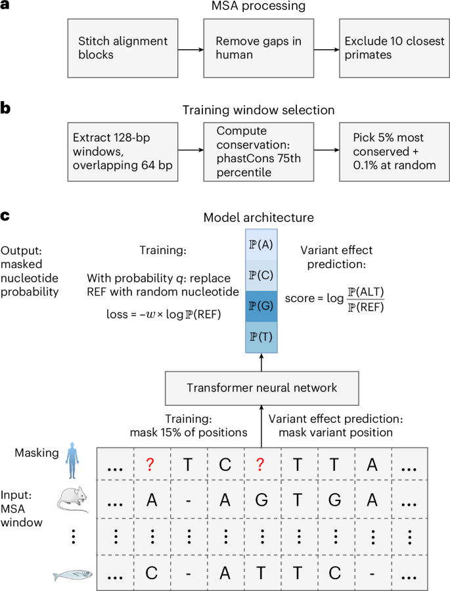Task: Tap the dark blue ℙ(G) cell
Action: [x=261, y=306]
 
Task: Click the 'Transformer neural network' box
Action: [x=261, y=388]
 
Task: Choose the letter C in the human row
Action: [x=224, y=465]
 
